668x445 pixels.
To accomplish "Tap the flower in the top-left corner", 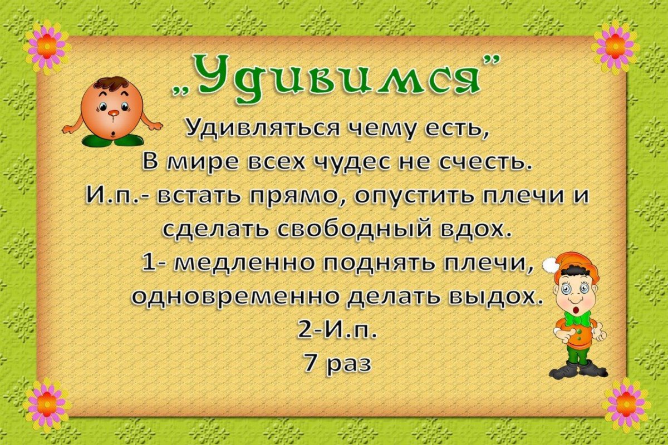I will (47, 47).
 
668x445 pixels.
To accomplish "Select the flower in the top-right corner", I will (616, 47).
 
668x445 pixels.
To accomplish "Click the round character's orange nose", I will (113, 113).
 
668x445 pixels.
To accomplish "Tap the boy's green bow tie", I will (577, 319).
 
